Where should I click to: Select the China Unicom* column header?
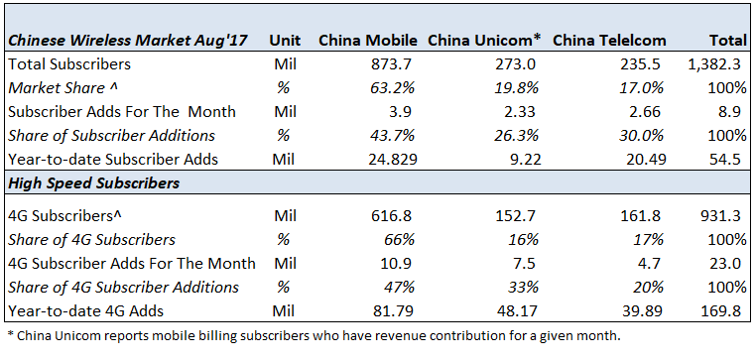[x=484, y=41]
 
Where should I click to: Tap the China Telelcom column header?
[x=608, y=41]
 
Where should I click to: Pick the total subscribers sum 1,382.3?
[x=719, y=62]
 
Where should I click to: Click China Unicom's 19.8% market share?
[x=512, y=86]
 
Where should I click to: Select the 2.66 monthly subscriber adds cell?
[x=632, y=110]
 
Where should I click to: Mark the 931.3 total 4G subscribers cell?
[x=726, y=215]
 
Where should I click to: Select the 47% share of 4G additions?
[x=389, y=288]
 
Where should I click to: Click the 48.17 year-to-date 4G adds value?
[x=507, y=311]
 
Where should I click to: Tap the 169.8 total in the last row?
[x=726, y=311]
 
